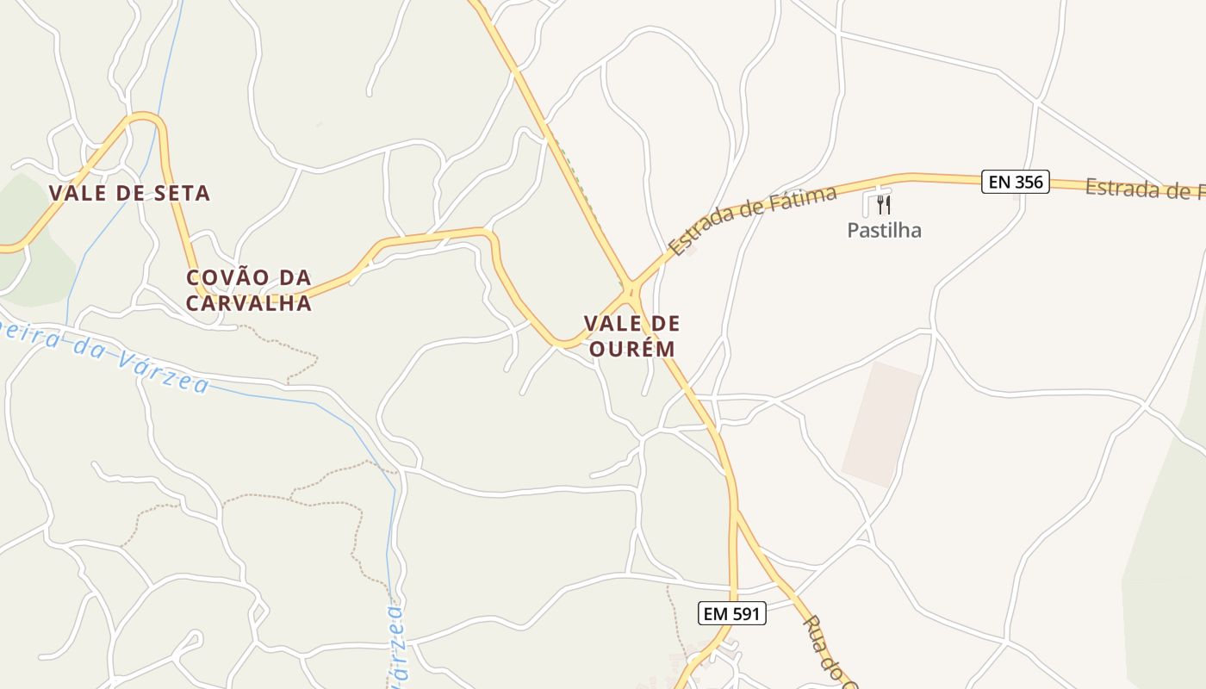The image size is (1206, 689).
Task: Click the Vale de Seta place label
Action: pos(129,193)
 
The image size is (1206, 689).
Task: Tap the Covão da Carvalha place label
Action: pos(249,290)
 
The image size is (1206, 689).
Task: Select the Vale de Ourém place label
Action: pos(631,336)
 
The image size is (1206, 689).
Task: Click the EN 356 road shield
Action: pos(1015,182)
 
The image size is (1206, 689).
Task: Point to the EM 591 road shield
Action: pos(731,614)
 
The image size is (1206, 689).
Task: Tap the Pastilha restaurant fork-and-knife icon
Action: pos(883,205)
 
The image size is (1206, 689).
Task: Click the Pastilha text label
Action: pos(884,230)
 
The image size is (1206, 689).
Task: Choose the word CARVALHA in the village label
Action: pos(249,303)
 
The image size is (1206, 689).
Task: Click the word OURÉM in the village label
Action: pos(631,349)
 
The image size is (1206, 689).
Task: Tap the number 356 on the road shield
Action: pos(1029,182)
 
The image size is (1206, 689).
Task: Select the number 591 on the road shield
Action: pos(743,614)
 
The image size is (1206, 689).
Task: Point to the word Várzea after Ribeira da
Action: pos(164,370)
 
